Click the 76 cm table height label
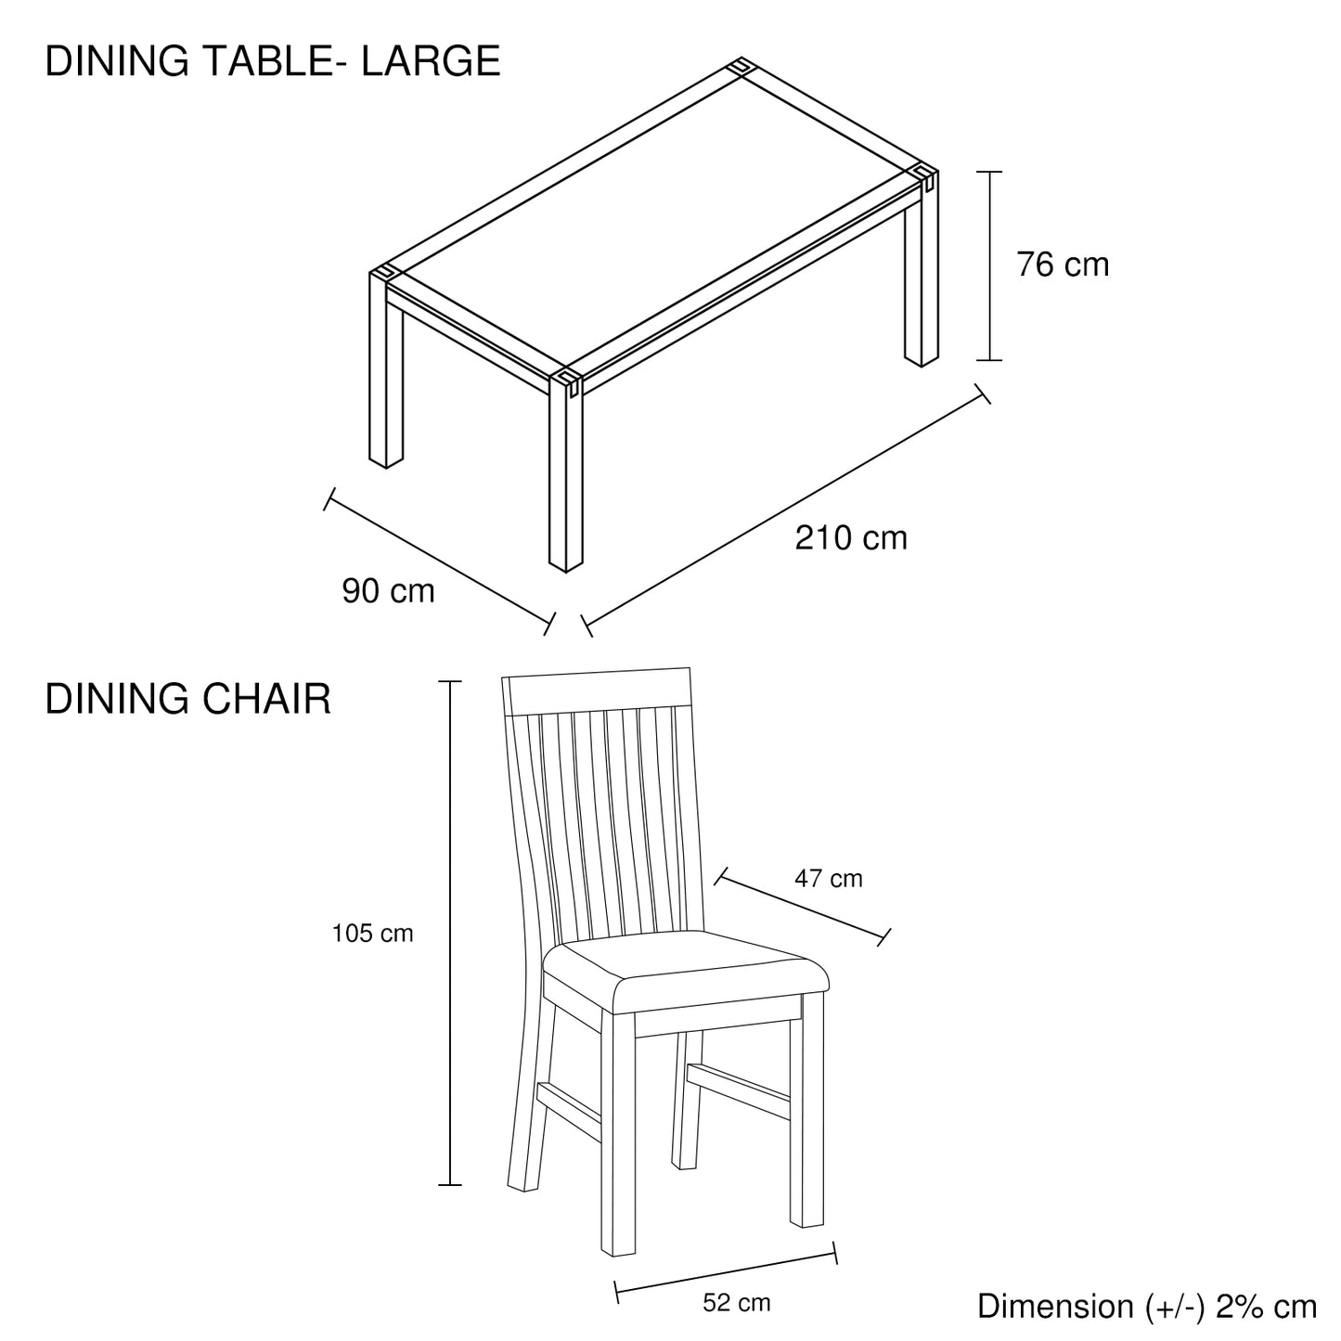pyautogui.click(x=1063, y=265)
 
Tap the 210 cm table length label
pyautogui.click(x=850, y=538)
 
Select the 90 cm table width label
pyautogui.click(x=388, y=591)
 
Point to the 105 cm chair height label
pyautogui.click(x=372, y=934)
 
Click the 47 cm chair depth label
pyautogui.click(x=828, y=878)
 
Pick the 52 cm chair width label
pyautogui.click(x=736, y=1303)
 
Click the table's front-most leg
pyautogui.click(x=565, y=483)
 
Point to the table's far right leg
pyautogui.click(x=922, y=278)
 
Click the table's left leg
pyautogui.click(x=385, y=380)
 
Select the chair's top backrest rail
pyautogui.click(x=599, y=691)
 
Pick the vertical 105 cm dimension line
pyautogui.click(x=450, y=933)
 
